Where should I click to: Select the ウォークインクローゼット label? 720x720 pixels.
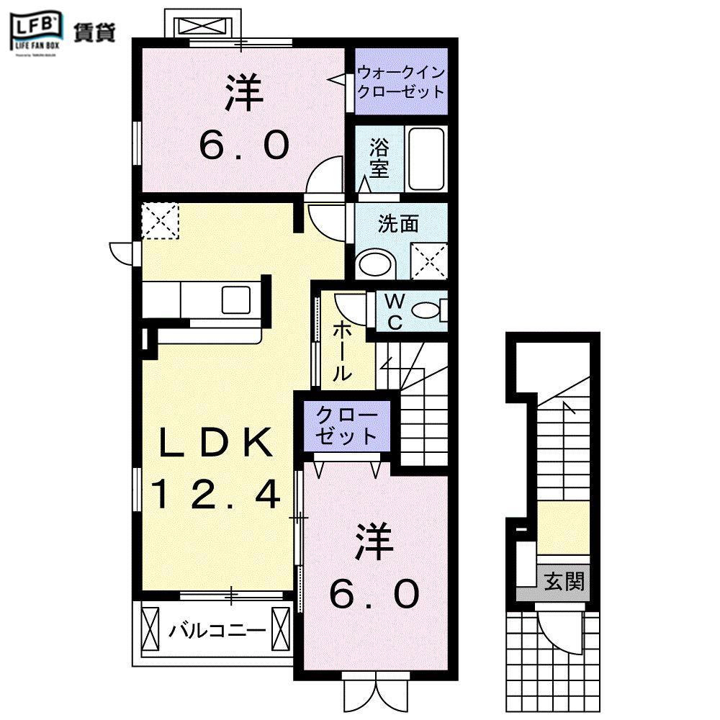pos(401,81)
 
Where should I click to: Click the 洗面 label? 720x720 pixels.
pos(398,224)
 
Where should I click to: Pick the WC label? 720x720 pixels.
pos(395,312)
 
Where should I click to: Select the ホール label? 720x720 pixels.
pos(342,351)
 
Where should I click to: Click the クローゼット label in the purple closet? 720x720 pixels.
pos(347,426)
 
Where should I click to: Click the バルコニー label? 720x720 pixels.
pos(217,631)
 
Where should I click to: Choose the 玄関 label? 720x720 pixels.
pos(563,579)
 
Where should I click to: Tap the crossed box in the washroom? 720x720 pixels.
pos(428,260)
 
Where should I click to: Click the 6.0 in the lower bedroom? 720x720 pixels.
pos(374,595)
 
